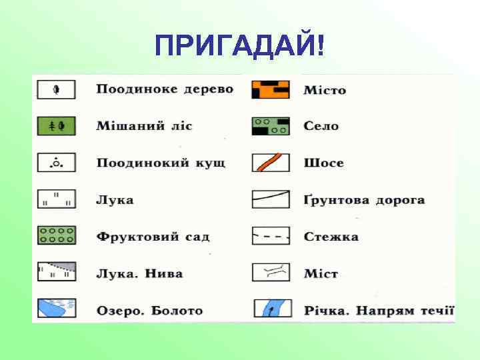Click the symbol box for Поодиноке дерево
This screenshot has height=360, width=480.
[x=56, y=89]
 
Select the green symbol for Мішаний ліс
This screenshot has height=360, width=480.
[x=56, y=125]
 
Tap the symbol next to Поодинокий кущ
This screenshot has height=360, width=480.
[x=56, y=162]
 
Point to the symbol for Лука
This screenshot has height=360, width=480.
[x=56, y=199]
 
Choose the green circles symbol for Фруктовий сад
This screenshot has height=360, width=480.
[x=56, y=235]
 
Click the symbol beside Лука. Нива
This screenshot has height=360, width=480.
[x=56, y=272]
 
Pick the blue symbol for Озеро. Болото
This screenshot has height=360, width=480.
[x=56, y=308]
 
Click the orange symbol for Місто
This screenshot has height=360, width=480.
[x=271, y=89]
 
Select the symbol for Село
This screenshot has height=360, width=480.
[x=271, y=126]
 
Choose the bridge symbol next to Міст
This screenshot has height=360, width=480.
[x=271, y=272]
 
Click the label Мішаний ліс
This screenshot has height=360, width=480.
[x=144, y=126]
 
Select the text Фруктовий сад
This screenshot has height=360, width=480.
[x=153, y=237]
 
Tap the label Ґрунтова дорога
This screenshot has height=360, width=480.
[x=364, y=200]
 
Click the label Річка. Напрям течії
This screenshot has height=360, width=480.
[x=379, y=311]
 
